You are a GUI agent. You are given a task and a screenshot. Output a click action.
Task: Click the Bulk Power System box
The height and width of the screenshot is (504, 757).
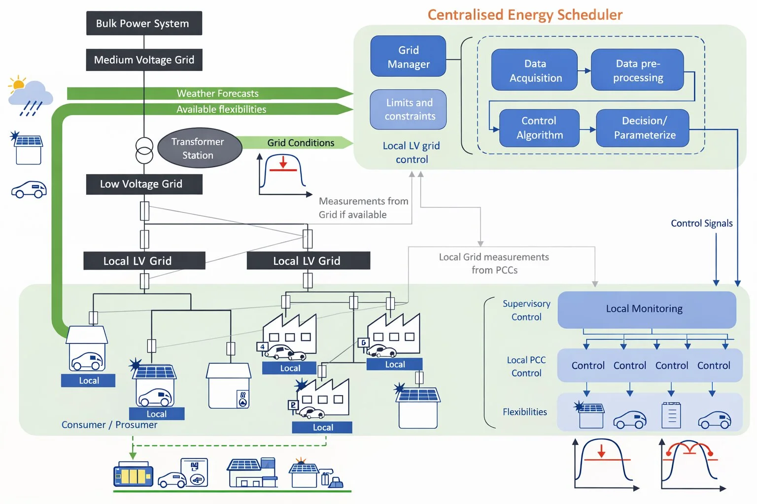(x=144, y=23)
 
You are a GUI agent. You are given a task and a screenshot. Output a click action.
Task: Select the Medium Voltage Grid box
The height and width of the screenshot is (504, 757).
(x=144, y=60)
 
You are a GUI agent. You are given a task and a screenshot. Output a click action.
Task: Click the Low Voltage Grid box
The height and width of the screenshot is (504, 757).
(x=144, y=184)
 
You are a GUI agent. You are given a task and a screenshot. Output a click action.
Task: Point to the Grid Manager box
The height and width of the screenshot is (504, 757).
(x=408, y=57)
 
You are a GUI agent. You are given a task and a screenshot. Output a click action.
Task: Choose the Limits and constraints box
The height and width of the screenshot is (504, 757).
(x=409, y=109)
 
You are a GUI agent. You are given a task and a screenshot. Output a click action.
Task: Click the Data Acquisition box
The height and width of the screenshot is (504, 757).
(x=534, y=70)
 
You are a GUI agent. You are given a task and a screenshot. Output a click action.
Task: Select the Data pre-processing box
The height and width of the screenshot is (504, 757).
(x=637, y=70)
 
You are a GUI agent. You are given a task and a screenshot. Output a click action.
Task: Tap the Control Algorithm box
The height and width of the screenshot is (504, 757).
(x=539, y=128)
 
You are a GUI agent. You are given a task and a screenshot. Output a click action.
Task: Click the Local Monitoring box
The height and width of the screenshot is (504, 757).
(x=646, y=309)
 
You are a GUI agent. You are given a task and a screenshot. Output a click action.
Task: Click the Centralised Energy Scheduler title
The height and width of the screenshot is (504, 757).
(x=525, y=15)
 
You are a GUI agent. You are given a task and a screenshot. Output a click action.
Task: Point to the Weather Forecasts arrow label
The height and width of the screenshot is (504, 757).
(x=217, y=94)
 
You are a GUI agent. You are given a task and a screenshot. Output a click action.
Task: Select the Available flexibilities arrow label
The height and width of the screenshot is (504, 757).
(x=221, y=109)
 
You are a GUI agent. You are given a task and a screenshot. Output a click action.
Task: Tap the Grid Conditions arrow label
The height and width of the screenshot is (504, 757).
(x=301, y=143)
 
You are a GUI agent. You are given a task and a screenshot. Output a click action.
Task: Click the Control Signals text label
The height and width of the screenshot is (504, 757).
(x=701, y=223)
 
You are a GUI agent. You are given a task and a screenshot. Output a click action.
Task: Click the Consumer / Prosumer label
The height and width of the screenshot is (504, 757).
(x=109, y=425)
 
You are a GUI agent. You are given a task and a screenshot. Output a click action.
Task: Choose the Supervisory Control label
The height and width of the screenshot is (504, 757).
(x=526, y=311)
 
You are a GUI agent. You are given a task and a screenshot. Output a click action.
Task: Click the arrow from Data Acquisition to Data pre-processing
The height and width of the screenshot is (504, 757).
(x=584, y=70)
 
